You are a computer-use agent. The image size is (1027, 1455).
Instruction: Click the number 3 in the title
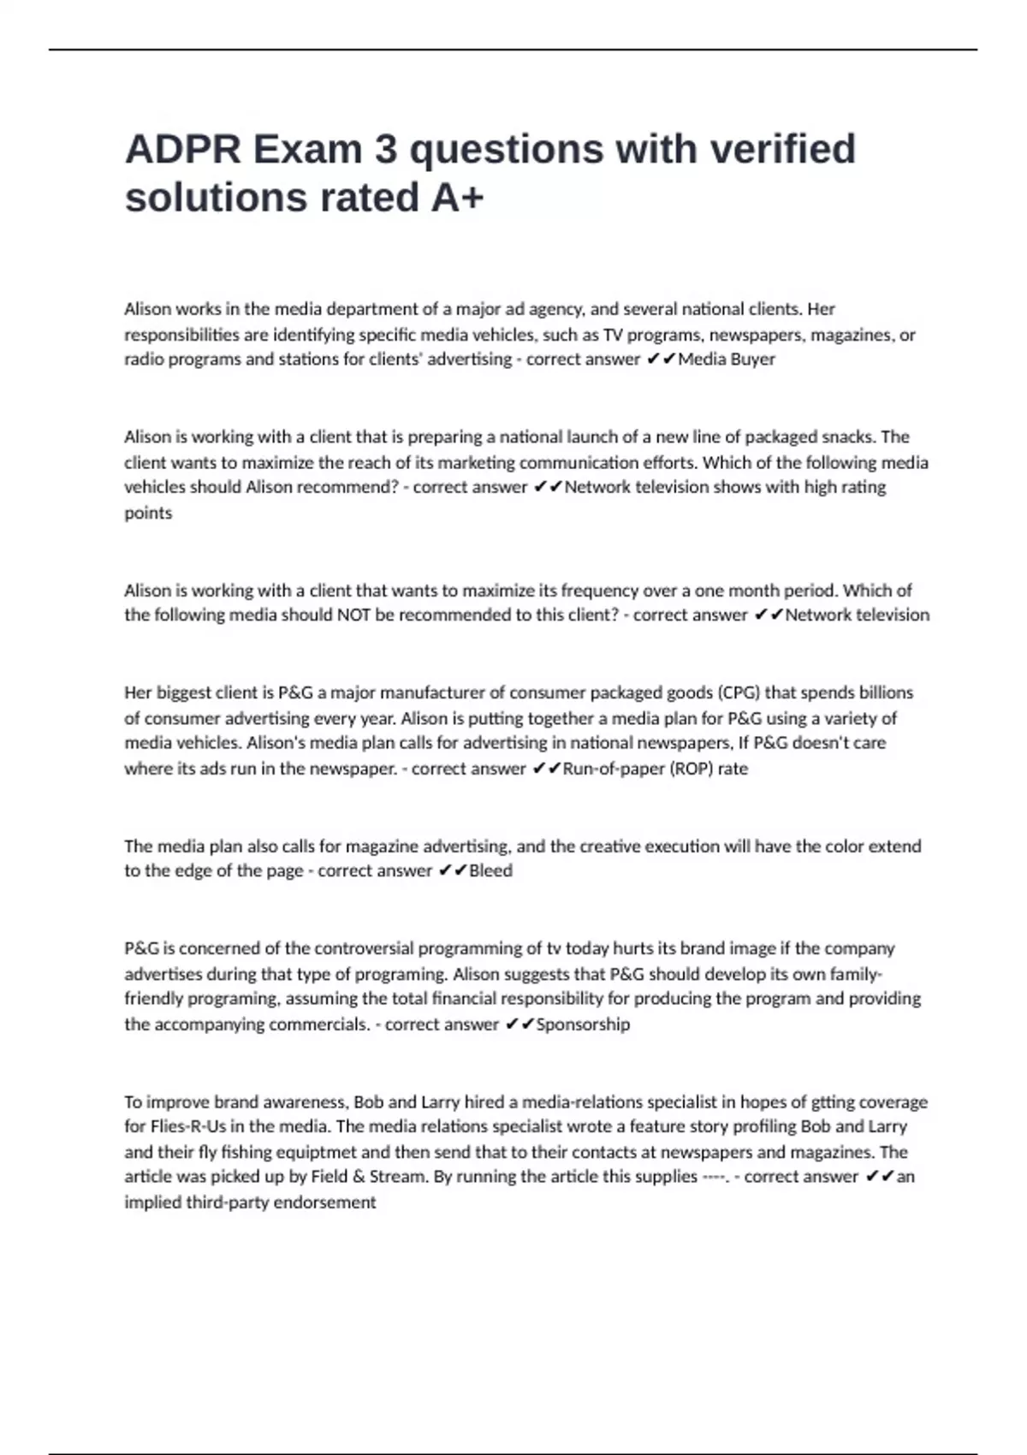386,149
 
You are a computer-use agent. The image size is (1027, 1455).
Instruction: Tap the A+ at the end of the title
457,198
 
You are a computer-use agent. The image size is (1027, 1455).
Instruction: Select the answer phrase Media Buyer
727,359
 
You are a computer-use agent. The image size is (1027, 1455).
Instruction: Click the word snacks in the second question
849,436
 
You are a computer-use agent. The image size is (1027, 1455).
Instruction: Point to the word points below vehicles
148,513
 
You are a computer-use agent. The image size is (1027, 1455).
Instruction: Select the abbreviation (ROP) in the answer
684,769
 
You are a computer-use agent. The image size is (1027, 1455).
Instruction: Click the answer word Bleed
490,870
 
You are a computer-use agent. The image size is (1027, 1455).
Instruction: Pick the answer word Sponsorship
583,1024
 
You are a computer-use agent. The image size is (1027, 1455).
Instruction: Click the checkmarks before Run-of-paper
546,769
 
